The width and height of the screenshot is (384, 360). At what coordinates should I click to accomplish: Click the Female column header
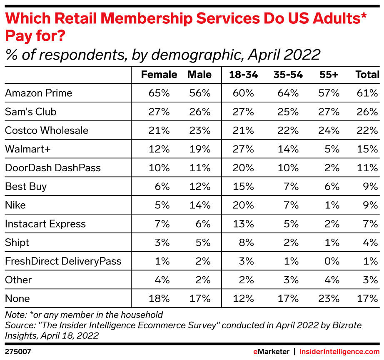coord(159,75)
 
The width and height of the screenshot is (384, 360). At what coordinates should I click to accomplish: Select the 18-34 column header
coord(243,75)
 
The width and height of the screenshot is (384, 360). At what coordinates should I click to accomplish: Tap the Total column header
coord(367,75)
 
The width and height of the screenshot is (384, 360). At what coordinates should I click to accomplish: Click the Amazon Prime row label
coord(38,93)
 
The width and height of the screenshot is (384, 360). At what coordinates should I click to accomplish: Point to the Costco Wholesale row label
coord(47,130)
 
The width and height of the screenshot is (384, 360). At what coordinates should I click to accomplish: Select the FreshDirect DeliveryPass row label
coord(63,261)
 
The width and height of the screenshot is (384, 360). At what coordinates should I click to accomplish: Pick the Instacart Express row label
coord(45,224)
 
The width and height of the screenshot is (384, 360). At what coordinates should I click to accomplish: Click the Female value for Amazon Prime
coord(159,93)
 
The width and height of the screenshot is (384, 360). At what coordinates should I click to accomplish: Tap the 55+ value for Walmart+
coord(332,149)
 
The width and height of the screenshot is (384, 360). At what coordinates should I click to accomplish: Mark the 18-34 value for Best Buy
coord(244,186)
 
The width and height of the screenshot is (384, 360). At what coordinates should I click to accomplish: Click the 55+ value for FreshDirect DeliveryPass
coord(332,261)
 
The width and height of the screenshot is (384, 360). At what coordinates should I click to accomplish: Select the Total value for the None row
coord(368,298)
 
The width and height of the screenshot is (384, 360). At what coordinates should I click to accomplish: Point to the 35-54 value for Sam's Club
coord(288,112)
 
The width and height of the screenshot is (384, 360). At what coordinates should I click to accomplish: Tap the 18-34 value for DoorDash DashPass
coord(244,168)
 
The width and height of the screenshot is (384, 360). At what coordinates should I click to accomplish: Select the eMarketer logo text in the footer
coord(271,351)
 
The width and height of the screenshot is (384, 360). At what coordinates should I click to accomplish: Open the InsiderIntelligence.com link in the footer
coord(339,351)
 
